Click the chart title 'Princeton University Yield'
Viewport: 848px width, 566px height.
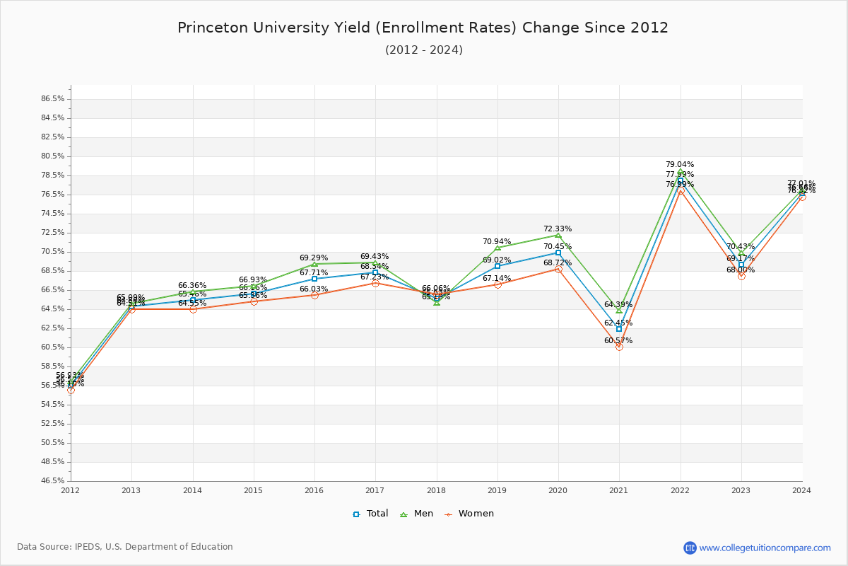[x=423, y=28]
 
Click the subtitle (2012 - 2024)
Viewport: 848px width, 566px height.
[x=424, y=50]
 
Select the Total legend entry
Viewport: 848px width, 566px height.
[x=371, y=514]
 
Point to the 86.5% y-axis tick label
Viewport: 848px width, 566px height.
[x=52, y=99]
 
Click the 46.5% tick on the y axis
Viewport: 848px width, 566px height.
[x=52, y=481]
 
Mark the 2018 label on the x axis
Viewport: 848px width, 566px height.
[x=436, y=490]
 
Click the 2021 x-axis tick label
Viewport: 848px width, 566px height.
[x=619, y=490]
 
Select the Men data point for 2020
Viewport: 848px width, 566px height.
[x=558, y=235]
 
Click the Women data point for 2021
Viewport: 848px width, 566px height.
[x=619, y=347]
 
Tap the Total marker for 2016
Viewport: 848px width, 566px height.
[x=314, y=279]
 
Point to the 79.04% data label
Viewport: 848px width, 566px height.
[x=680, y=165]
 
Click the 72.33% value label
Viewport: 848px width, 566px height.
[x=558, y=229]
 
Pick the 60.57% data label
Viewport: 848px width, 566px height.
[x=618, y=341]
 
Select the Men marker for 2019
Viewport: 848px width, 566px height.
[x=497, y=248]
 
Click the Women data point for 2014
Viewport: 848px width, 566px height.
[x=193, y=309]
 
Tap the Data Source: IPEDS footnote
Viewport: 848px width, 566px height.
[x=125, y=547]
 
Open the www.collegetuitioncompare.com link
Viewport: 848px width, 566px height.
[x=765, y=548]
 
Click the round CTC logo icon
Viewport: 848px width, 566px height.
[x=690, y=548]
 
